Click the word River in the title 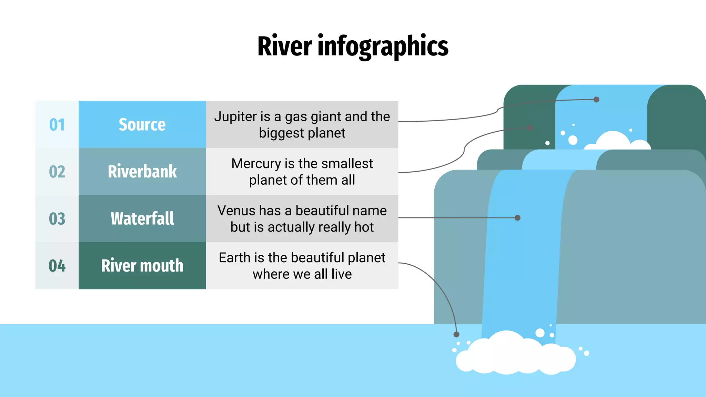(x=285, y=46)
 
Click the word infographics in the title (x=383, y=47)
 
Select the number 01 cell (x=57, y=124)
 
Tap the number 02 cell (x=57, y=172)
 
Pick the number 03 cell (x=57, y=218)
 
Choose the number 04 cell (x=57, y=266)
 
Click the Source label (x=142, y=124)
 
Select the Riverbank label (x=142, y=172)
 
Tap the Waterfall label (x=142, y=218)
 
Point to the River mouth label (x=142, y=266)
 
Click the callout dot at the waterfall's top (x=596, y=100)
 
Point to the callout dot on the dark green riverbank (x=530, y=128)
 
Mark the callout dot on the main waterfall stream (x=517, y=218)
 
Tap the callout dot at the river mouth (x=456, y=334)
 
